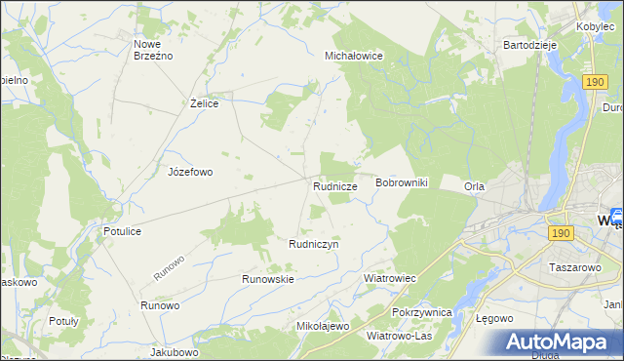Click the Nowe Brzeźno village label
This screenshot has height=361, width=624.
[x=152, y=50]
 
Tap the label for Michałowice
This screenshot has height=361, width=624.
[x=353, y=57]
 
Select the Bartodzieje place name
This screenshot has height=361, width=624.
[x=528, y=45]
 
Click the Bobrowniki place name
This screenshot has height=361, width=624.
[x=403, y=182]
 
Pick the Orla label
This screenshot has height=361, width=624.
[x=475, y=186]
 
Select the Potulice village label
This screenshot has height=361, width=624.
[x=123, y=231]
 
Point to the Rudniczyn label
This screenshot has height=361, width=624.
[x=313, y=245]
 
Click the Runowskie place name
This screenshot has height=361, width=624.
[x=268, y=279]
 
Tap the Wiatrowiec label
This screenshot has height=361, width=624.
[x=390, y=278]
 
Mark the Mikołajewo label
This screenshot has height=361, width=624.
[x=322, y=326]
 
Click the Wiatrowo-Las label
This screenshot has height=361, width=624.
[x=399, y=336]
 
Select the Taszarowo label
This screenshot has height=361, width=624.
[x=573, y=265]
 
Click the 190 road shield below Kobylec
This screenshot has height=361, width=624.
[x=597, y=84]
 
